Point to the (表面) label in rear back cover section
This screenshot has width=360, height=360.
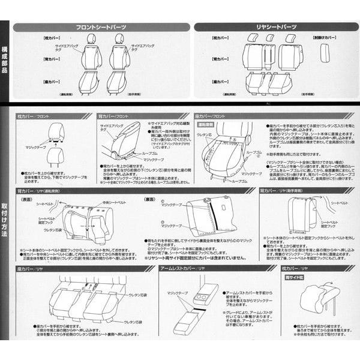pyautogui.click(x=27, y=199)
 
